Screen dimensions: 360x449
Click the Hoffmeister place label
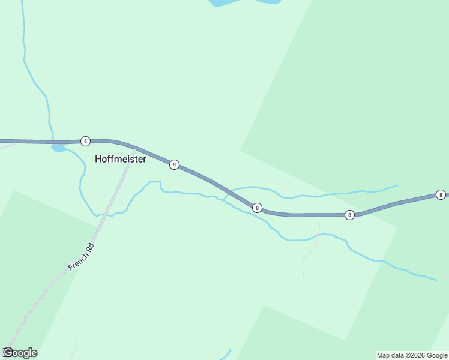[x=121, y=160]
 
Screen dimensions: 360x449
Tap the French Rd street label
[x=82, y=256]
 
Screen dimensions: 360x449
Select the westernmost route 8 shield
[x=85, y=141]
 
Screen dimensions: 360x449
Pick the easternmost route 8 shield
[x=441, y=194]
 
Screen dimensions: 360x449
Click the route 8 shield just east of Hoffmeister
[x=174, y=164]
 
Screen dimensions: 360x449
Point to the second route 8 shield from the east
[x=349, y=215]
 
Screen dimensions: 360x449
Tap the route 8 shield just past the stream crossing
[x=257, y=208]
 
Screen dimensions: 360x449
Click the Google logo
[x=20, y=353]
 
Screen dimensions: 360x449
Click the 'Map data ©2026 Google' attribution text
[x=412, y=355]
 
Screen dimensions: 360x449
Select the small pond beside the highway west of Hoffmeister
[x=58, y=148]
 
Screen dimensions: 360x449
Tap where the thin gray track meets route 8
[x=319, y=215]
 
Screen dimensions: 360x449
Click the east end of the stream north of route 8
[x=397, y=185]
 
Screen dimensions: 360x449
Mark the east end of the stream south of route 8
[x=435, y=280]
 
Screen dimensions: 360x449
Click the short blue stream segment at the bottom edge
[x=228, y=354]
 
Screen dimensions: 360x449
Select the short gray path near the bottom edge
[x=76, y=345]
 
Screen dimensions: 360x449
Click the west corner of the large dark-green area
[x=241, y=149]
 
